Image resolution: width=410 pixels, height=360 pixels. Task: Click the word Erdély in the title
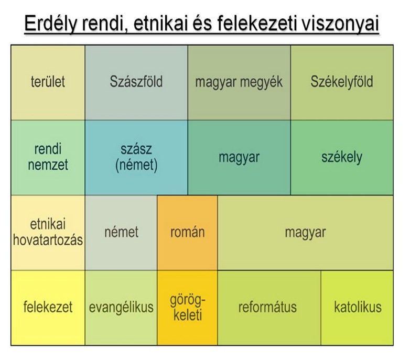pos(51,24)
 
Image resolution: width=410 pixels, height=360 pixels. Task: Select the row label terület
pos(48,82)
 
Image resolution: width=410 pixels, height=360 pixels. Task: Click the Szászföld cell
pos(136,82)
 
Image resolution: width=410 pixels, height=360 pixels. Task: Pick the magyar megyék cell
pos(239,82)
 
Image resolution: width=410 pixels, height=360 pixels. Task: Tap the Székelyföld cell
pos(342,82)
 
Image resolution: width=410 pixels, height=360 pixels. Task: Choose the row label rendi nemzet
pos(48,157)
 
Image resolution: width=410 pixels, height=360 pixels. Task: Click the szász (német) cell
pos(136,157)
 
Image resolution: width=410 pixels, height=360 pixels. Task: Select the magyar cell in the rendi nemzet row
pos(239,157)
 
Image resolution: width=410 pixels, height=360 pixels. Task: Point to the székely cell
pos(342,157)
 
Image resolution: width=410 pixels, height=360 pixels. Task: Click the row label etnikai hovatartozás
pos(48,233)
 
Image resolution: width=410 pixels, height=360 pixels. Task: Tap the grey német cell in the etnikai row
pos(121,233)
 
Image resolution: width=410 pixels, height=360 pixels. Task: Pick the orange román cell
pos(187,233)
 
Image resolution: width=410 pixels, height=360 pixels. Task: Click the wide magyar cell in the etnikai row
pos(306,233)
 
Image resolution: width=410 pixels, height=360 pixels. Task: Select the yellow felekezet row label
pos(48,308)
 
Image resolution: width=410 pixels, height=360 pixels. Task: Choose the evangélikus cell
pos(121,308)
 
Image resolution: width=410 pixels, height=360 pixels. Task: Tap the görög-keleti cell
pos(187,308)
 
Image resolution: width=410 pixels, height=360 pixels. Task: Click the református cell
pos(269,308)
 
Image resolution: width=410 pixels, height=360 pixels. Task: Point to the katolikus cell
pos(357,308)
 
